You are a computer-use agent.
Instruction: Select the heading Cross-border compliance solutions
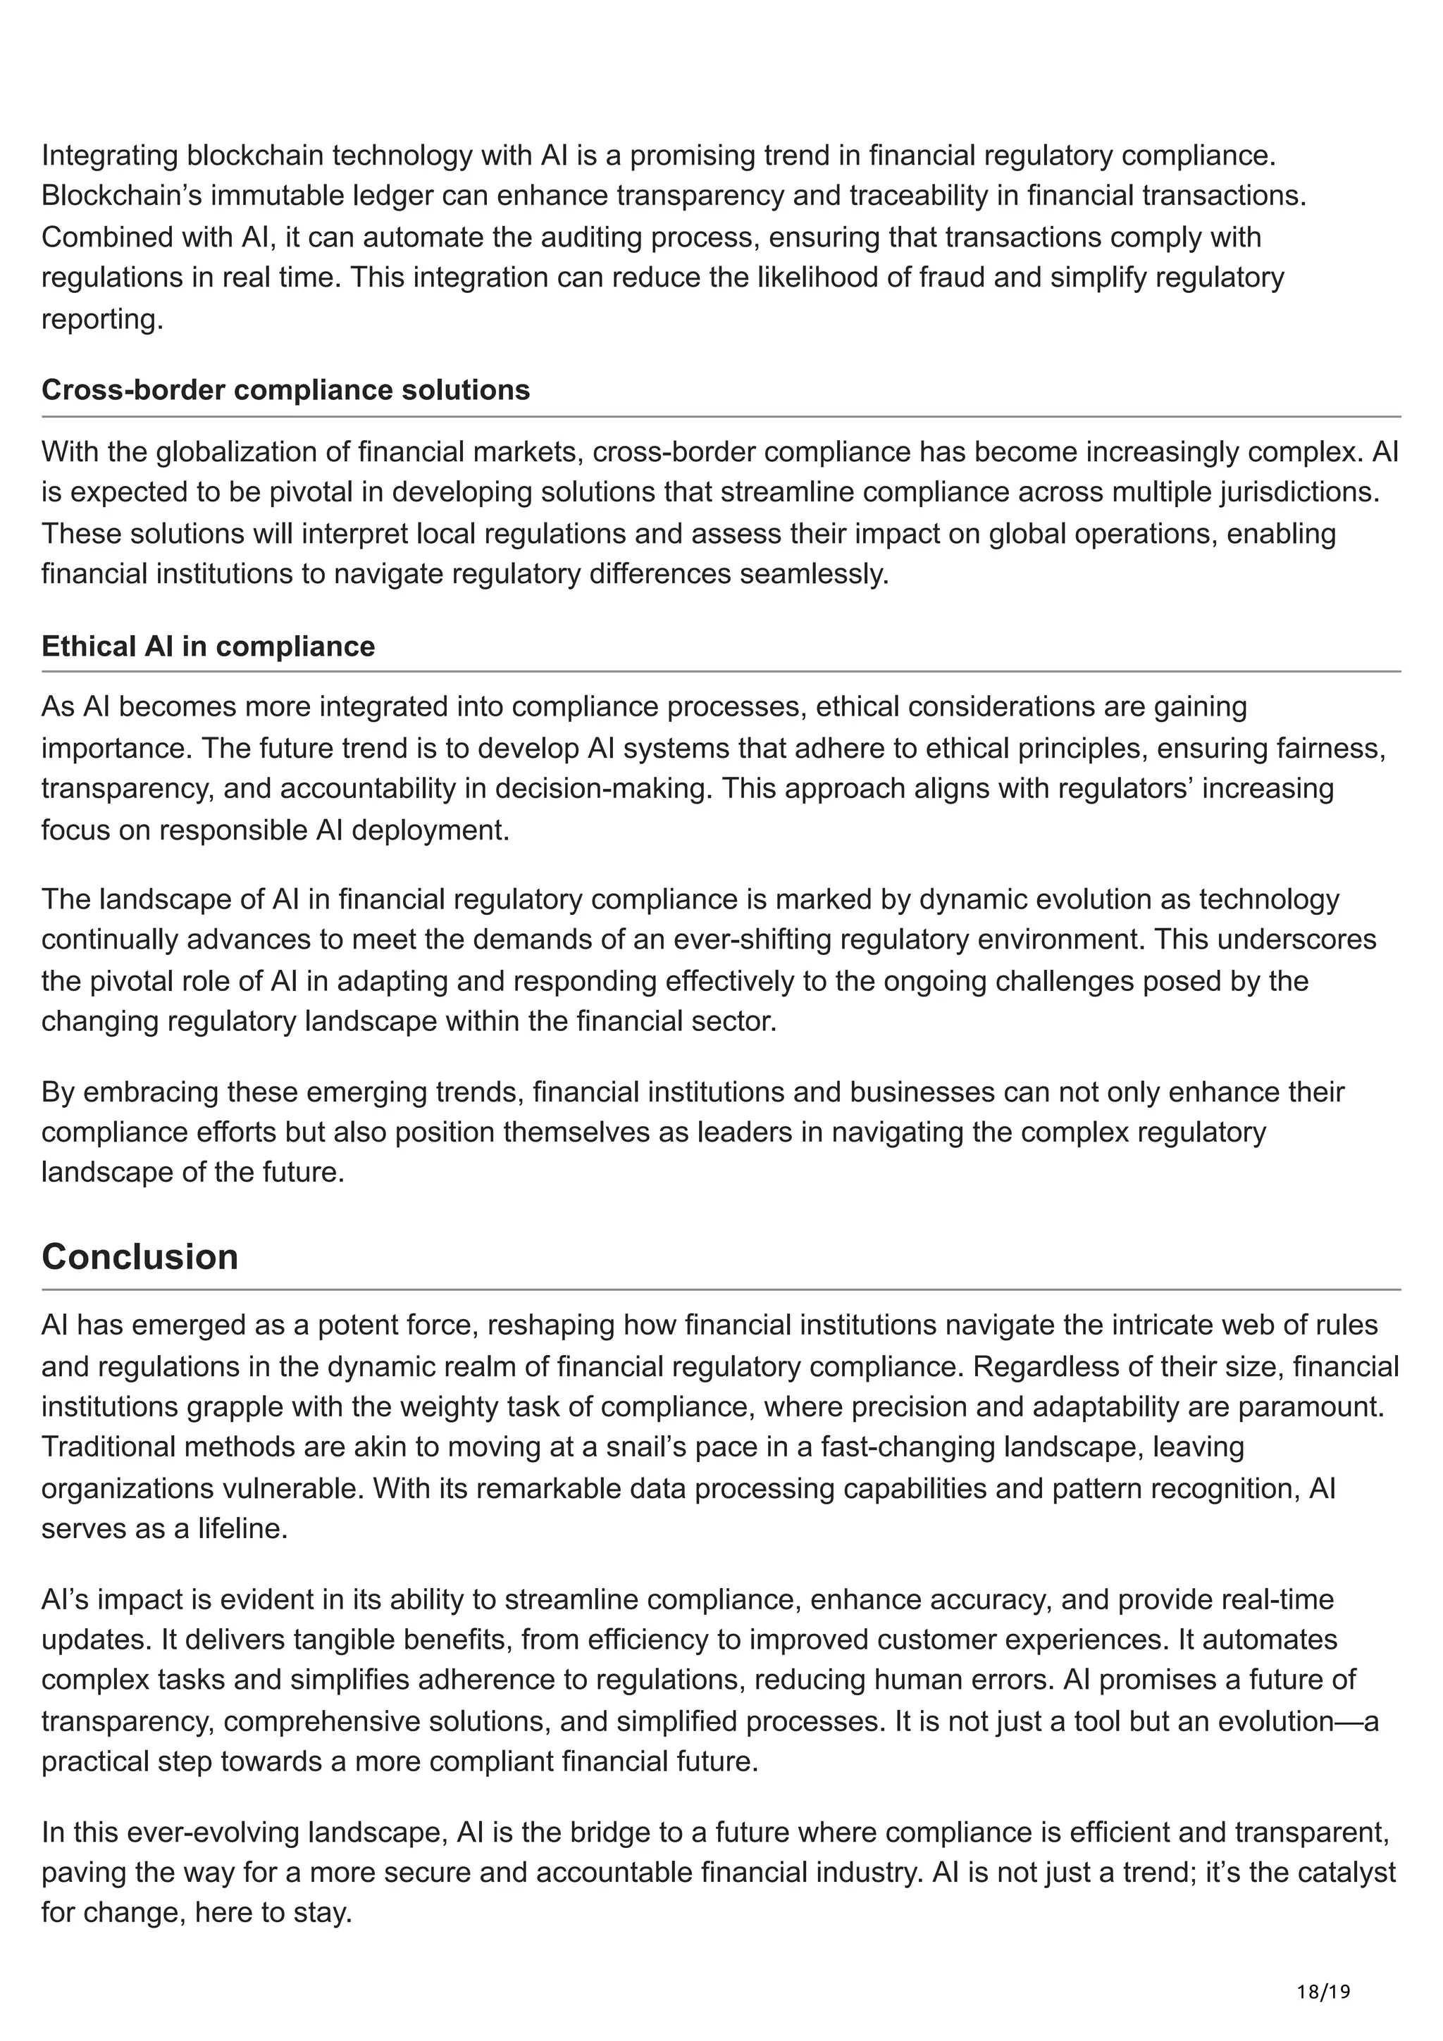[x=285, y=390]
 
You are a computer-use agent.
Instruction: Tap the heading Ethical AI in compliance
[x=208, y=647]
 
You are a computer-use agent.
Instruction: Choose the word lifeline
[x=241, y=1529]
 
